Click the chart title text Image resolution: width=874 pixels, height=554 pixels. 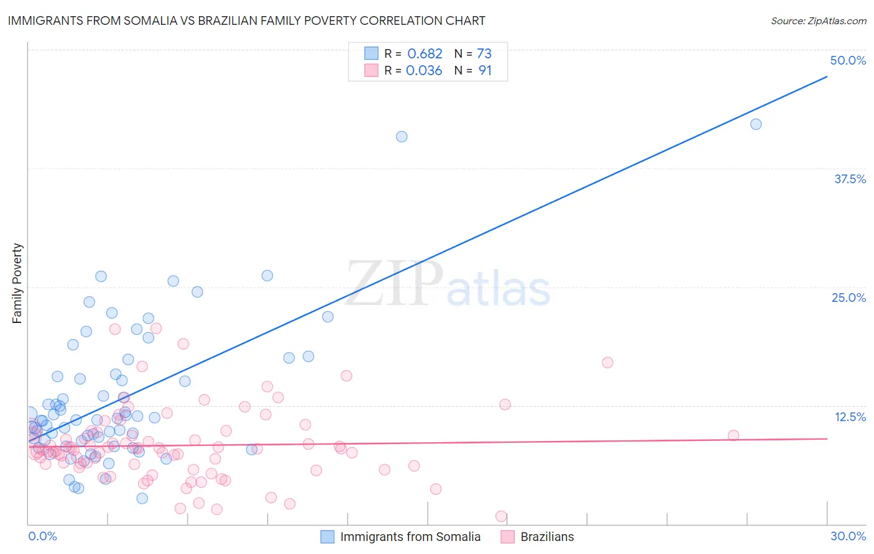click(x=246, y=20)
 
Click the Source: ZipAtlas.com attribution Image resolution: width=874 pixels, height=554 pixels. click(x=818, y=20)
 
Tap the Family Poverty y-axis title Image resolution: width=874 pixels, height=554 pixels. click(x=17, y=283)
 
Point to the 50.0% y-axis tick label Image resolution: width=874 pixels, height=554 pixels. click(x=848, y=60)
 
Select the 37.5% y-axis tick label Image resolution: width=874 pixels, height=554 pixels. click(x=850, y=179)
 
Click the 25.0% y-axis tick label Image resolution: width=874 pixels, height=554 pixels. click(x=849, y=297)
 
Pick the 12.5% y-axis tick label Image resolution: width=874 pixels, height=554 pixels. click(x=850, y=417)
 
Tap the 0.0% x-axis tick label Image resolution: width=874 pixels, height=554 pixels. click(x=42, y=536)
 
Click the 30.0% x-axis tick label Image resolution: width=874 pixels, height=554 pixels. click(x=848, y=536)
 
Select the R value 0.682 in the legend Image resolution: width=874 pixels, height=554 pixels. click(x=425, y=54)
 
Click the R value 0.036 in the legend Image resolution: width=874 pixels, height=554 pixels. click(x=424, y=71)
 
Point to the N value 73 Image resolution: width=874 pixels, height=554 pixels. click(x=484, y=54)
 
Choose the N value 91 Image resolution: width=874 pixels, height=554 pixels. click(x=485, y=71)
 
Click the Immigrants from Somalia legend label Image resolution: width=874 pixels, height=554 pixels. click(x=410, y=537)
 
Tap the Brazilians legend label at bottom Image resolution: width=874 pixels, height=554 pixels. click(x=547, y=537)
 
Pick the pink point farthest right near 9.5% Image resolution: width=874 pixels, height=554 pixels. click(x=734, y=435)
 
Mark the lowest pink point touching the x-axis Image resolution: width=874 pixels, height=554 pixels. click(x=501, y=516)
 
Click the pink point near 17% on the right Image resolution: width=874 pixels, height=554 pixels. click(x=607, y=363)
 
